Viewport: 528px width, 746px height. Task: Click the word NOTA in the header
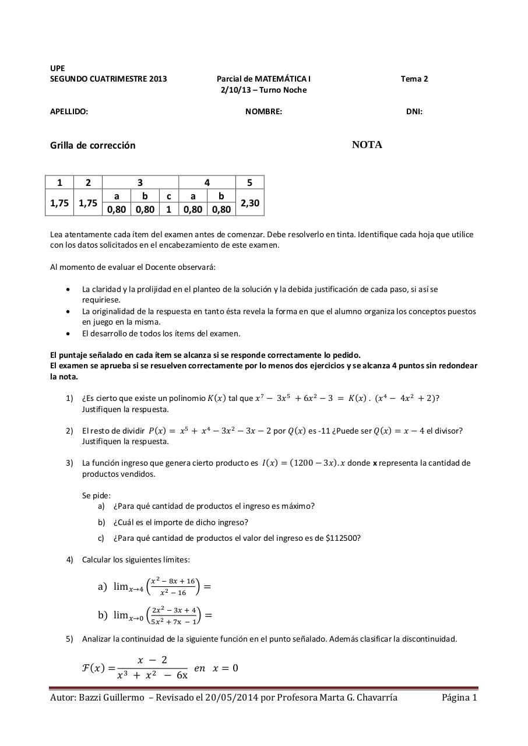click(367, 145)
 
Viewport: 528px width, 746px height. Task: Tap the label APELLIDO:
click(69, 111)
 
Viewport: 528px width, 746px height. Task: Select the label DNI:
click(414, 111)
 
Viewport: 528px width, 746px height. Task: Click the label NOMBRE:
click(263, 111)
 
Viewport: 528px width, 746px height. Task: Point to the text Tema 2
click(414, 79)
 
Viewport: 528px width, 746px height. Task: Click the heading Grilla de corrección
click(93, 145)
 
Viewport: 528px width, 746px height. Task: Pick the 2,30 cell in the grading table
click(249, 203)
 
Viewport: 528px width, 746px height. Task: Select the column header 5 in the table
click(249, 182)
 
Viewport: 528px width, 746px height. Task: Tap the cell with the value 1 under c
click(168, 209)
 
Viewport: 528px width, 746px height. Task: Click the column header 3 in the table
click(140, 182)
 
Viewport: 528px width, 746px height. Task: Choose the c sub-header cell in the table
click(168, 196)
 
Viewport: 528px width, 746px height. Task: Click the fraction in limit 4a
click(173, 586)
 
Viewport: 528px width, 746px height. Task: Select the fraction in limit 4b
click(173, 615)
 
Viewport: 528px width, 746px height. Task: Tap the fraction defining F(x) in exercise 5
click(152, 668)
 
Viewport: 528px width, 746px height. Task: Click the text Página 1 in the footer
click(459, 698)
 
